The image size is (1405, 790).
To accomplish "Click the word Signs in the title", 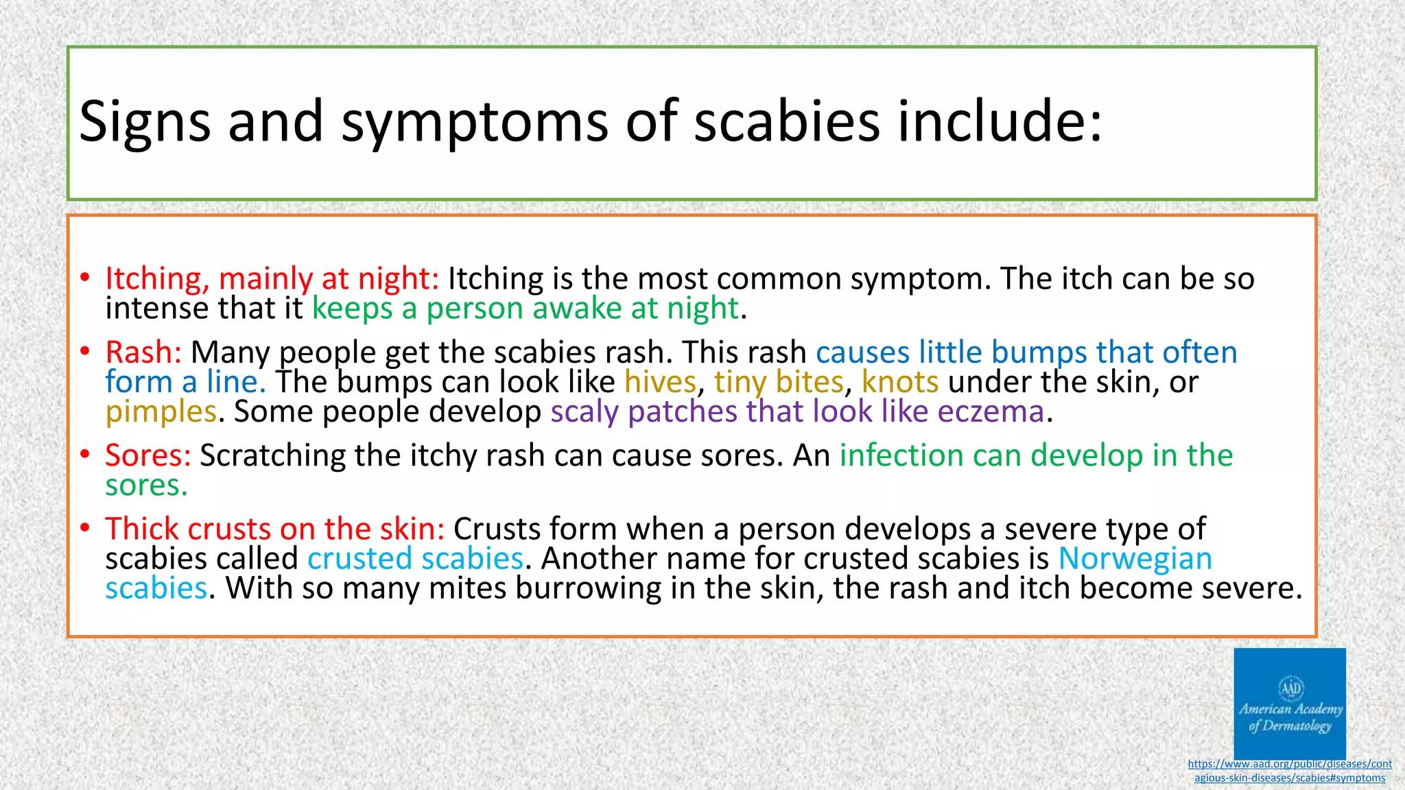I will click(145, 122).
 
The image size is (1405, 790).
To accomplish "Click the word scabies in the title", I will click(787, 122).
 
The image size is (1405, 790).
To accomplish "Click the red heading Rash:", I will click(143, 352).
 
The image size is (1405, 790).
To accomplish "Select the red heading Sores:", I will click(147, 455).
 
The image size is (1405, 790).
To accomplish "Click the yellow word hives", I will click(660, 382).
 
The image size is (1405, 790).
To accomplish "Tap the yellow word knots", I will click(899, 382).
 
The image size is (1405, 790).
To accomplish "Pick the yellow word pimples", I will click(161, 412).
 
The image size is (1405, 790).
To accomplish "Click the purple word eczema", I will click(991, 412).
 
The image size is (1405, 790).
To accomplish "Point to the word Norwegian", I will click(1135, 559).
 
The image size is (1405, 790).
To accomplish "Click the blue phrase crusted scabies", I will click(415, 559).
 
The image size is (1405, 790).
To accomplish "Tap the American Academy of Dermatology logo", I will click(1289, 703).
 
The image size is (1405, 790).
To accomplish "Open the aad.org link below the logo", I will click(1289, 771).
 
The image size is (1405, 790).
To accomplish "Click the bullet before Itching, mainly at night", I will click(84, 278).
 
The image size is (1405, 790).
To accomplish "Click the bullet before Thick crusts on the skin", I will click(84, 528).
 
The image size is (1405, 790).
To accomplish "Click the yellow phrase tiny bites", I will click(779, 382).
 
